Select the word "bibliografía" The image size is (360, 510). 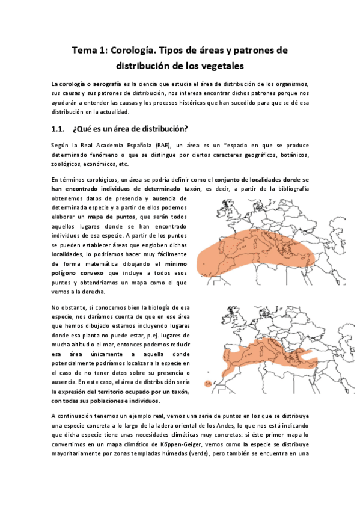click(290, 188)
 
